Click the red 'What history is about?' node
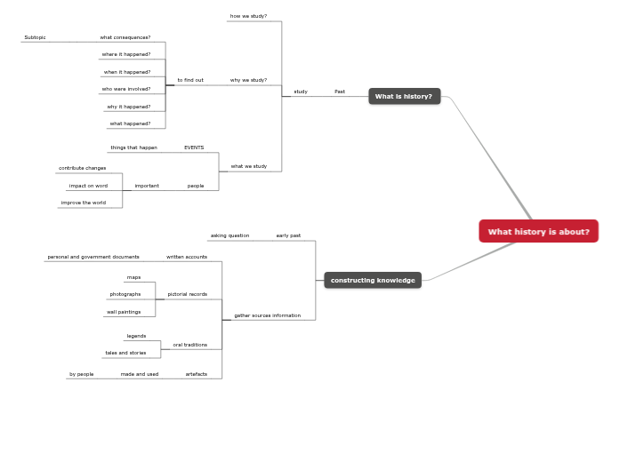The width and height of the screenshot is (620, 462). click(x=538, y=232)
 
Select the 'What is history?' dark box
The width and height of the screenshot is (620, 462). click(x=404, y=96)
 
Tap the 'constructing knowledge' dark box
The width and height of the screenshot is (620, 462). click(x=373, y=280)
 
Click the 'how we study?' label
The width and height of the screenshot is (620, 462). click(x=248, y=16)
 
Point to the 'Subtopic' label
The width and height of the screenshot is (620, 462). click(x=35, y=37)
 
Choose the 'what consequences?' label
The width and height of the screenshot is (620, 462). click(x=125, y=37)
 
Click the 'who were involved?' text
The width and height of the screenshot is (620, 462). click(x=125, y=89)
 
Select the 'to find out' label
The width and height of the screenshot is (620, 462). click(x=190, y=80)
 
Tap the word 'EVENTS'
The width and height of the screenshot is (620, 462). click(x=194, y=147)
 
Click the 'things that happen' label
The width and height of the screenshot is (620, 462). click(x=133, y=147)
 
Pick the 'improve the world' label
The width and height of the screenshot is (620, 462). click(x=83, y=203)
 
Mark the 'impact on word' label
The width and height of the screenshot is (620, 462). click(x=88, y=186)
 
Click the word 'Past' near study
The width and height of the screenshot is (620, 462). click(x=340, y=92)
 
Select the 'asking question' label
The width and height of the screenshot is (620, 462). click(x=229, y=235)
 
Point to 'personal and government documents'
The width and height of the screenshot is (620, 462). click(x=93, y=257)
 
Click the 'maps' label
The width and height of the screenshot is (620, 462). click(x=133, y=277)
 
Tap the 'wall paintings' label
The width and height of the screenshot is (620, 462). click(x=124, y=312)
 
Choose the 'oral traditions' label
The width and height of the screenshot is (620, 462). click(x=190, y=345)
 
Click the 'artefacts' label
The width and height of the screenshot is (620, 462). click(x=197, y=374)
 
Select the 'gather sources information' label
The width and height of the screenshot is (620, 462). click(x=267, y=315)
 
